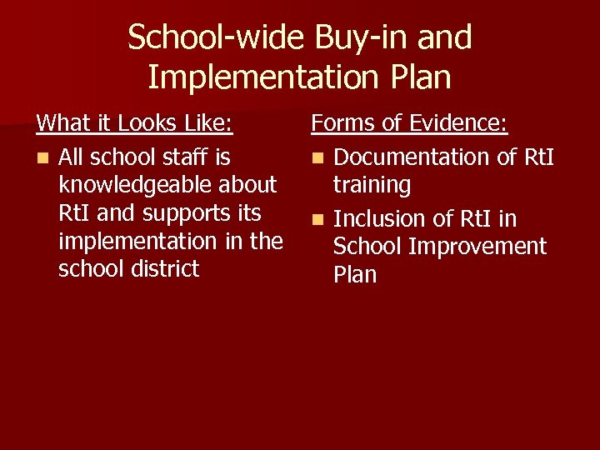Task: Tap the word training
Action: coord(372,185)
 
